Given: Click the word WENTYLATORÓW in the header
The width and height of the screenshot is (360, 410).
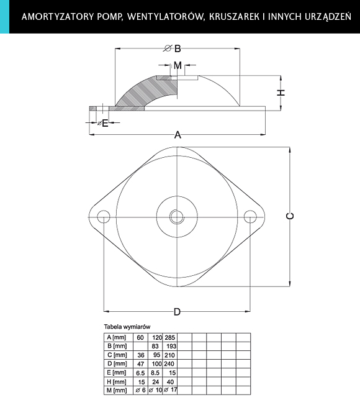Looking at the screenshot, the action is (x=165, y=17).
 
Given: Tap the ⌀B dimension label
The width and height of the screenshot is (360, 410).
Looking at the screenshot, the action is (x=173, y=48).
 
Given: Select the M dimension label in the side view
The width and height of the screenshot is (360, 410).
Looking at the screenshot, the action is (x=178, y=65).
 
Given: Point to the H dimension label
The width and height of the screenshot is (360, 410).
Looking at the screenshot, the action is (x=281, y=93).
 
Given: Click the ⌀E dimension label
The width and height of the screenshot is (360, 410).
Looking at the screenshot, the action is (x=103, y=123).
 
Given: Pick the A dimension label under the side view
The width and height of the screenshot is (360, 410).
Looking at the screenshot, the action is (x=178, y=135).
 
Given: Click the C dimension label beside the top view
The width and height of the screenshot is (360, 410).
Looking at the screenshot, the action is (x=290, y=216).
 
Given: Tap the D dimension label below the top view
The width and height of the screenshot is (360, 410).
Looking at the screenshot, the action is (x=177, y=312).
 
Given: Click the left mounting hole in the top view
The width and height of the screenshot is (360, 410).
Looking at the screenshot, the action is (x=104, y=217).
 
